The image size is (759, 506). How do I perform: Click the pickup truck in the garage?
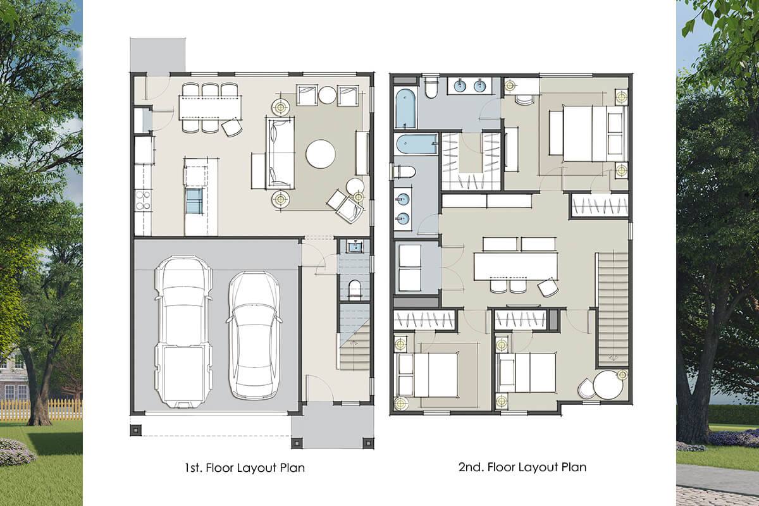[183, 331]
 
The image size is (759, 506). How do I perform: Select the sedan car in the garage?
[254, 335]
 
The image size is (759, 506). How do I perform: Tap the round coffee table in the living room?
[321, 154]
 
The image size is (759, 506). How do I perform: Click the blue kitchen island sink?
[195, 201]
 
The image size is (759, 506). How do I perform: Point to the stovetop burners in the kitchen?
[143, 201]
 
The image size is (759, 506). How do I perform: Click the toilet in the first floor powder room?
[355, 290]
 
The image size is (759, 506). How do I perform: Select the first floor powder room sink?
[355, 247]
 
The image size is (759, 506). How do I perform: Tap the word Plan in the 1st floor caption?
[292, 467]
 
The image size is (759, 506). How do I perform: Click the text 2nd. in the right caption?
[471, 467]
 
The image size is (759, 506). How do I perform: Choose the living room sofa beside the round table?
[280, 152]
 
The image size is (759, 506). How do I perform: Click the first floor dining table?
[211, 108]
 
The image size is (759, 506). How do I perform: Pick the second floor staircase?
[613, 309]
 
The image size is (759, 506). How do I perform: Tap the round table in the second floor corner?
[608, 385]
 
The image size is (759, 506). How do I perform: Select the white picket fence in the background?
[41, 409]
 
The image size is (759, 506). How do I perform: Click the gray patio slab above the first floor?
[157, 55]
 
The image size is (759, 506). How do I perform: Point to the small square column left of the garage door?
[135, 431]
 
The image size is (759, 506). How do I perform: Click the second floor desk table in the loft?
[515, 266]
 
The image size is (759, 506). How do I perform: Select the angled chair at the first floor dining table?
[231, 127]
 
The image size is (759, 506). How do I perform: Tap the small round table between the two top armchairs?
[328, 95]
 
